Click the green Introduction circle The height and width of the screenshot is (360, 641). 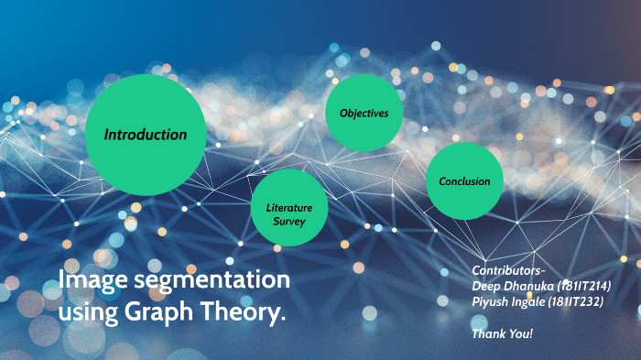coord(145,135)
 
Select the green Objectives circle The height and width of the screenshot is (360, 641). coord(364,113)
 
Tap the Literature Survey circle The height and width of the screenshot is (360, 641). coord(289,208)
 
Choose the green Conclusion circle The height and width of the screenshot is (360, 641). coord(464,181)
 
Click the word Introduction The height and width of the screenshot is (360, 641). coord(145,135)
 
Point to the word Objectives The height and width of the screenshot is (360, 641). coord(364,113)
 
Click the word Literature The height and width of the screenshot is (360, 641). coord(289,208)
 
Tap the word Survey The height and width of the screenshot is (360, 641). coord(288,222)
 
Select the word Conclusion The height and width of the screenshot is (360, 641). coord(464,181)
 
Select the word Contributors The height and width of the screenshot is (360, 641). coord(508,271)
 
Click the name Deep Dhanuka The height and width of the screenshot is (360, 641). coord(513,286)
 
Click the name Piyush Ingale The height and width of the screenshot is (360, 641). coord(510,301)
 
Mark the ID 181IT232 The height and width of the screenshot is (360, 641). coord(578,301)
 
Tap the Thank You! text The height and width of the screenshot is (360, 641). coord(502,333)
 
